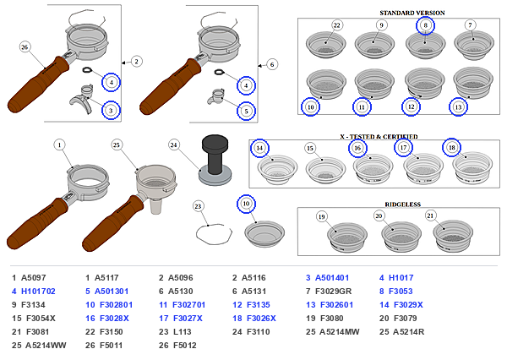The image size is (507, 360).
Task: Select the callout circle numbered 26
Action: click(x=25, y=47)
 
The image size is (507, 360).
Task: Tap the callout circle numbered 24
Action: click(x=174, y=145)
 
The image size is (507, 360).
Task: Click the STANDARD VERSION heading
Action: click(x=412, y=13)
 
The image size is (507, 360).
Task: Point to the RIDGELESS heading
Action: click(x=402, y=205)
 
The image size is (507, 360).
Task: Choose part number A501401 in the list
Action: click(x=332, y=278)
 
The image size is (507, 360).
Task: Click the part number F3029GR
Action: click(x=334, y=292)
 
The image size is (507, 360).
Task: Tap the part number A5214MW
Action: click(x=340, y=332)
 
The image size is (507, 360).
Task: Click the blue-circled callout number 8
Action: click(x=425, y=25)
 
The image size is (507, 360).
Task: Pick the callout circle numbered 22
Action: click(x=337, y=25)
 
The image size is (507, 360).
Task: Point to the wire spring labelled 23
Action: click(x=214, y=233)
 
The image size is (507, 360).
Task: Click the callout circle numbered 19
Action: click(x=321, y=216)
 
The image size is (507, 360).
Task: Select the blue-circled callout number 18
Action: click(x=451, y=148)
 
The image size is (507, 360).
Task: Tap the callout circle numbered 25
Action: click(x=117, y=145)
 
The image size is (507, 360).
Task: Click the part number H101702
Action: click(x=38, y=292)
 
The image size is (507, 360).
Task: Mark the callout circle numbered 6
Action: click(x=272, y=65)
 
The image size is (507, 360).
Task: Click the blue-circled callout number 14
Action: click(x=259, y=148)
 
